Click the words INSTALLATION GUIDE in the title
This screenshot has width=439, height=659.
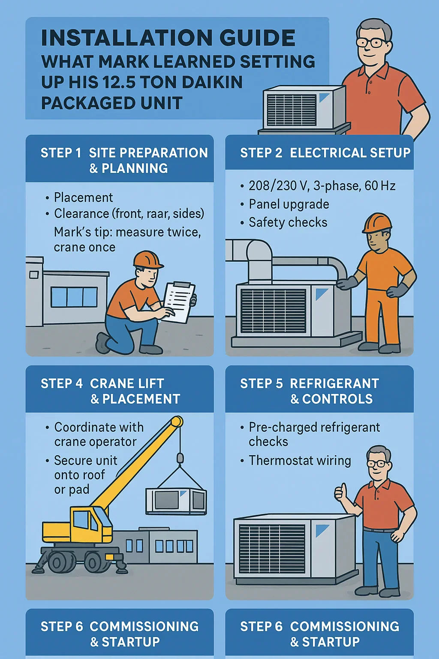[168, 37]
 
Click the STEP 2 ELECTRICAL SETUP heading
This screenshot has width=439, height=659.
[325, 153]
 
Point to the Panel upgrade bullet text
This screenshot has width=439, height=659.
[289, 204]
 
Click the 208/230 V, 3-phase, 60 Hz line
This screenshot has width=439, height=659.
[322, 186]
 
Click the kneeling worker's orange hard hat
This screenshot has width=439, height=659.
[147, 260]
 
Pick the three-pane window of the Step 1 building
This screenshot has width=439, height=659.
[74, 297]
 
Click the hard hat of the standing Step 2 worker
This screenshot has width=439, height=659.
[377, 223]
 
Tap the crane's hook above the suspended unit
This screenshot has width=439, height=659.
[180, 460]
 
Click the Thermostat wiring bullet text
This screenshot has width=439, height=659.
[300, 460]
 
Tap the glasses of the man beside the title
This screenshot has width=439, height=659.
[372, 42]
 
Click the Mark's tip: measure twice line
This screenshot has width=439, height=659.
[127, 232]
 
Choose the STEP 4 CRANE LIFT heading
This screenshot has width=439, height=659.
[102, 383]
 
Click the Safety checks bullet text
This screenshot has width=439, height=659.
[288, 222]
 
